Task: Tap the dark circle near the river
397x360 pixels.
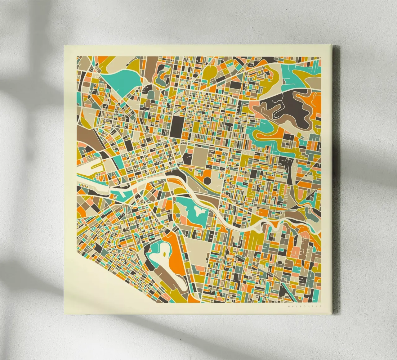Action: coord(207,180)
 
